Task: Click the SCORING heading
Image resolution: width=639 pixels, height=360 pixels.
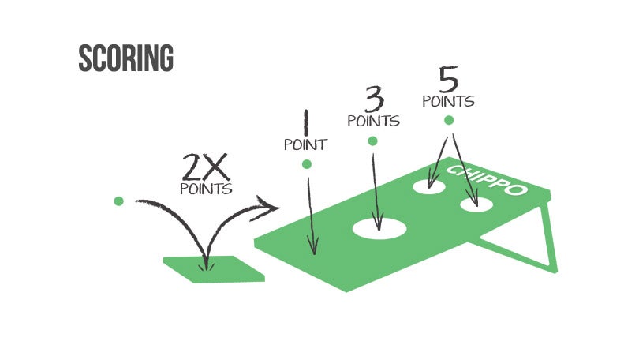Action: tap(125, 59)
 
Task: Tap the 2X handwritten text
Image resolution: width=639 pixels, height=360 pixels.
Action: tap(205, 167)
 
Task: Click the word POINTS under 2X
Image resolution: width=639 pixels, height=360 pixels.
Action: tap(206, 189)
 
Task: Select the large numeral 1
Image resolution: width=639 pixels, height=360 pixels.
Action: tap(304, 124)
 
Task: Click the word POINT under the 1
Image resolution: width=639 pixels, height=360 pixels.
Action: tap(305, 144)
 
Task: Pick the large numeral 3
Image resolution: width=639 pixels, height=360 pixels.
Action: tap(373, 101)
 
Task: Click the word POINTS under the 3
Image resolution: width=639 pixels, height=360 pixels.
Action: tap(373, 122)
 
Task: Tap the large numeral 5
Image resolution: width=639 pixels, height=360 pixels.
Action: tap(448, 80)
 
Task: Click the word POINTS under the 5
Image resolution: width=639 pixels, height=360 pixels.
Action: tap(448, 101)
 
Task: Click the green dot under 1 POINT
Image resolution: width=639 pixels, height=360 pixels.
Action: tap(307, 164)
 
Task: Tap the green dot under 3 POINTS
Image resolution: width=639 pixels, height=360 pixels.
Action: tap(372, 141)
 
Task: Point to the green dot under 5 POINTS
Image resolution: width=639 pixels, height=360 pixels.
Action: tap(449, 121)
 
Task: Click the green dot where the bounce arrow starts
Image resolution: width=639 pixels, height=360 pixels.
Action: tap(119, 201)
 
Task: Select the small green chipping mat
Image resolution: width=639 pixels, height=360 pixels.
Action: tap(213, 268)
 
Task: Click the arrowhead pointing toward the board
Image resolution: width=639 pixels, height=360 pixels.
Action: tap(270, 208)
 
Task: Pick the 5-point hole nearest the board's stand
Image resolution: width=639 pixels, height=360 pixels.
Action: tap(476, 205)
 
